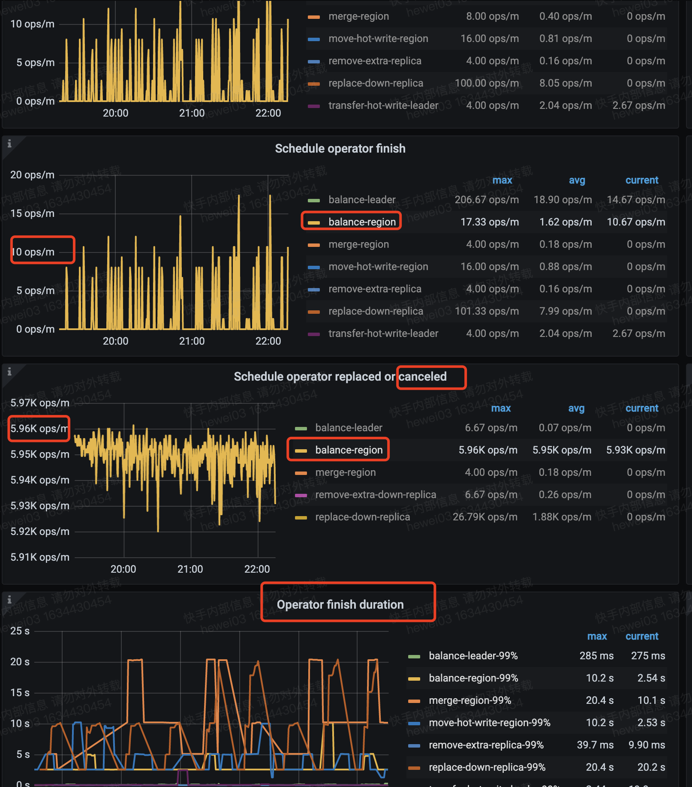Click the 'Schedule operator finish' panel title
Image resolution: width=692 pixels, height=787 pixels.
(340, 149)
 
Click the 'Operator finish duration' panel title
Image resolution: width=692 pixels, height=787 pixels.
(340, 604)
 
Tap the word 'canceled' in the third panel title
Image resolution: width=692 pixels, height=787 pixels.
(422, 377)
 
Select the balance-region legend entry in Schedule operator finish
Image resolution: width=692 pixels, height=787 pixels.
(362, 222)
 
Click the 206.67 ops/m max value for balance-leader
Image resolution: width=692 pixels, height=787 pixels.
(487, 200)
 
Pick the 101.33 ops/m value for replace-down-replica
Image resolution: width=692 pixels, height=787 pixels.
(487, 311)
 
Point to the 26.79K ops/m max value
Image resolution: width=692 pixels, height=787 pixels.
(485, 517)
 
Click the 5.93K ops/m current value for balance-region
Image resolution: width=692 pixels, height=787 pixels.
(635, 450)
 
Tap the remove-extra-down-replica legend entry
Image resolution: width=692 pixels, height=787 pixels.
(375, 495)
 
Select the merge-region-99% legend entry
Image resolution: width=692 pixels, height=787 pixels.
(469, 700)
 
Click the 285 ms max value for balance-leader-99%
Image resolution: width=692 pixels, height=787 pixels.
(596, 656)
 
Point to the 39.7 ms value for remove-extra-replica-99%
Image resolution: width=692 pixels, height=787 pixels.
(595, 745)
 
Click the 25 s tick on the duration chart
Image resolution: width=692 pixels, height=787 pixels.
(20, 631)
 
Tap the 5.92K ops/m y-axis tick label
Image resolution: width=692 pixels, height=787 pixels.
(40, 532)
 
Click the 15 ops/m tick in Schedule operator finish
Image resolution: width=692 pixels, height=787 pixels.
(33, 213)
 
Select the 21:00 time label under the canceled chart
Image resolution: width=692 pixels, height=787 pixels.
(190, 569)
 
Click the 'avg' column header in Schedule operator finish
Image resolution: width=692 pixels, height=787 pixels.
(577, 180)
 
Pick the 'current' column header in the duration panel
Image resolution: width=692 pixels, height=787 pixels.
(641, 637)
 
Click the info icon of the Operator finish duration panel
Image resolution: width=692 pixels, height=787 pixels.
(9, 600)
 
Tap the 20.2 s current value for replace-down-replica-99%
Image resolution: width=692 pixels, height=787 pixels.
(651, 767)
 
